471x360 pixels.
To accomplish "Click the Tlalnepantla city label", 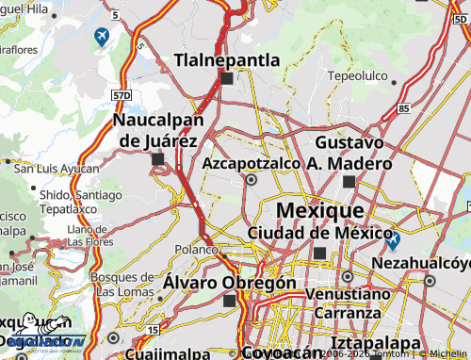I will pyautogui.click(x=227, y=60).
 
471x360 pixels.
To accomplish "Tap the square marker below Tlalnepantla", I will pyautogui.click(x=227, y=79).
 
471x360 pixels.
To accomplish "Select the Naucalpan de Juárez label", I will pyautogui.click(x=156, y=131).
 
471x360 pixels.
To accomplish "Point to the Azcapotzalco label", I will pyautogui.click(x=252, y=163).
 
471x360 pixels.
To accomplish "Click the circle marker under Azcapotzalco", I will pyautogui.click(x=252, y=178).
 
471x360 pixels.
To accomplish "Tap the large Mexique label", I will pyautogui.click(x=318, y=209).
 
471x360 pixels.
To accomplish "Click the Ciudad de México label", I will pyautogui.click(x=319, y=233).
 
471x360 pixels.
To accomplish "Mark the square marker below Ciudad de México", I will pyautogui.click(x=319, y=253).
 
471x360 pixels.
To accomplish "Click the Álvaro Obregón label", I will pyautogui.click(x=230, y=282).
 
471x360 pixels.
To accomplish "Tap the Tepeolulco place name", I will pyautogui.click(x=357, y=74).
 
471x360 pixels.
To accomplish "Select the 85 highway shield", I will pyautogui.click(x=403, y=108).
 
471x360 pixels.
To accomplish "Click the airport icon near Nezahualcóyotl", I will pyautogui.click(x=393, y=240).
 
